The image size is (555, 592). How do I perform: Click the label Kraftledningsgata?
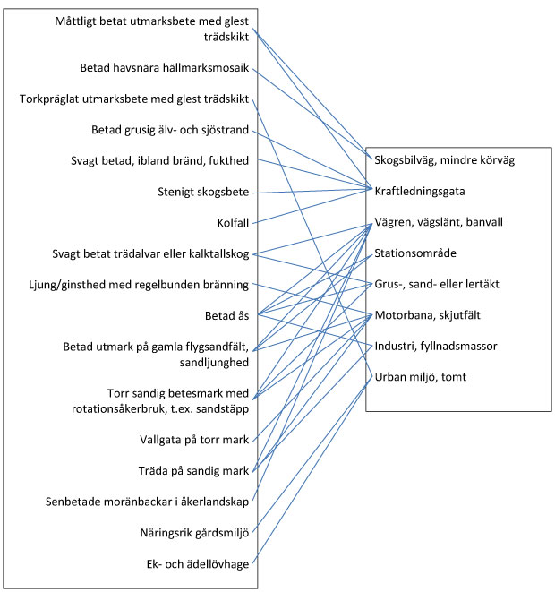[x=419, y=191]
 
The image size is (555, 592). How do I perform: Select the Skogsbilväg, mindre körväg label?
[x=445, y=160]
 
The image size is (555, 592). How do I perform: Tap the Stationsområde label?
[x=415, y=253]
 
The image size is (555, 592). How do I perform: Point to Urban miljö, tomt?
[x=421, y=377]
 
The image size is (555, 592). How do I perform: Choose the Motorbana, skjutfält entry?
[x=428, y=315]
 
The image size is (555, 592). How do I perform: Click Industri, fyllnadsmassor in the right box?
[x=436, y=346]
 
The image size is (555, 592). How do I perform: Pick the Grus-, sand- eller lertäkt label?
[x=437, y=284]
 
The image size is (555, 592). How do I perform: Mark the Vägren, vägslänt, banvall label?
[x=439, y=222]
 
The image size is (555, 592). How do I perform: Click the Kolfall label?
[x=233, y=223]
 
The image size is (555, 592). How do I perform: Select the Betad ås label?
[x=226, y=315]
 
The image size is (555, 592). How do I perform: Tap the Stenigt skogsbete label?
[x=203, y=192]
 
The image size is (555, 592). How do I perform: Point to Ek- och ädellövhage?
[x=198, y=564]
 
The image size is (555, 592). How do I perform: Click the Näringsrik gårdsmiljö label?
[x=194, y=533]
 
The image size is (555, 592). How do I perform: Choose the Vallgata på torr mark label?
[x=194, y=440]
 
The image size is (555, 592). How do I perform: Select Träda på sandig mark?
[x=193, y=471]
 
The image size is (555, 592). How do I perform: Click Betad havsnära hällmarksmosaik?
[x=165, y=68]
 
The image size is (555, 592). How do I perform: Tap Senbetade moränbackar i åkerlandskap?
[x=147, y=502]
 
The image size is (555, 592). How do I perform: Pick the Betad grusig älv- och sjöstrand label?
[x=170, y=130]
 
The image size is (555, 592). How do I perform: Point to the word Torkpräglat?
[x=49, y=99]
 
